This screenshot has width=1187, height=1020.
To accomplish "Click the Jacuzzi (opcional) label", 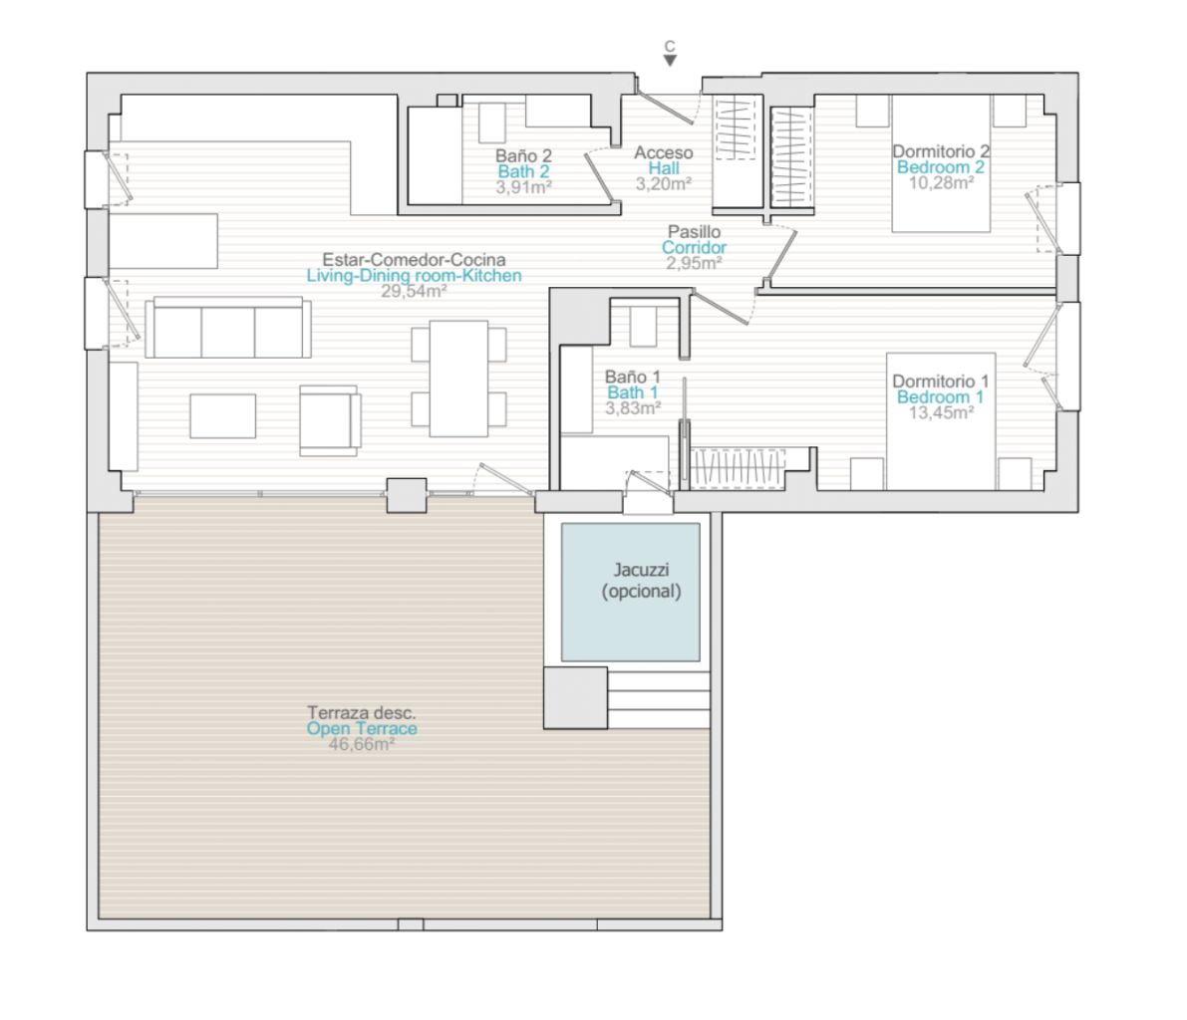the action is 641,581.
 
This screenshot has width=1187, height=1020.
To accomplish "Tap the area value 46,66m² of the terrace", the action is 361,744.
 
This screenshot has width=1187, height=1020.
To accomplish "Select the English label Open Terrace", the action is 362,729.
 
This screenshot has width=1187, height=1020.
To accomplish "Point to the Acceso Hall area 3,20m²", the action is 663,184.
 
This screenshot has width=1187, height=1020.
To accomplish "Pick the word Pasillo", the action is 695,231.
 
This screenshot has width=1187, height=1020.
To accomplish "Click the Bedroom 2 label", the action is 940,167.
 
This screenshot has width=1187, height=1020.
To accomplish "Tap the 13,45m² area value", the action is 940,413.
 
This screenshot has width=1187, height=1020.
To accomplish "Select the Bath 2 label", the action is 524,171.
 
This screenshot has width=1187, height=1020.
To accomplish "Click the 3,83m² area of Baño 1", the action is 633,408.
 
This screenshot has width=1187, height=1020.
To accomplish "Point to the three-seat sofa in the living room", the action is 228,327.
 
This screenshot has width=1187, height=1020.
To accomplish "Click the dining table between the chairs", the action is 458,379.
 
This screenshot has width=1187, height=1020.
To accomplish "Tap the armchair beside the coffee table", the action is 329,420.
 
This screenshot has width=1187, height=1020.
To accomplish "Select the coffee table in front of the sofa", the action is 222,415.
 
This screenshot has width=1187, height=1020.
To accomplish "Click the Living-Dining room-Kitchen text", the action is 414,276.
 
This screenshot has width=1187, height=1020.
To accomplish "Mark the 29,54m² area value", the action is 414,291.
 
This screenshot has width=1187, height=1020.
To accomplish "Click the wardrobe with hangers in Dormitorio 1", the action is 738,468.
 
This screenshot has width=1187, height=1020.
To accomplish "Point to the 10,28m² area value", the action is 940,183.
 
